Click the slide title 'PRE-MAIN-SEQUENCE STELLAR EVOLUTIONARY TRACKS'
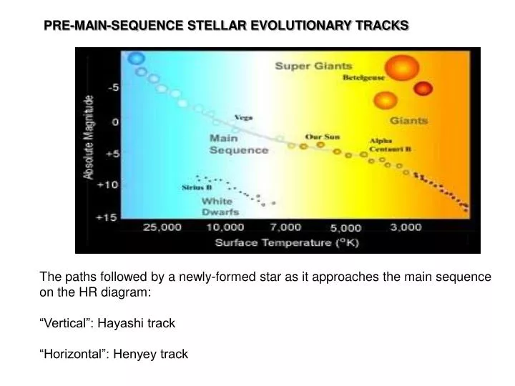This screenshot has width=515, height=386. pos(226,26)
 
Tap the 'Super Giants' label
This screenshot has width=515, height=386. pos(313,66)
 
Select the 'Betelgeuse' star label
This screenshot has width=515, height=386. pos(364,77)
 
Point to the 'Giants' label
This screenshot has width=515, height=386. pos(408,120)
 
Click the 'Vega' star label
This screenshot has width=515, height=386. pos(244,117)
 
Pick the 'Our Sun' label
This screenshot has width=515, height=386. pos(323,136)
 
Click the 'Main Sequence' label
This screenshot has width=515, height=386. pos(238,144)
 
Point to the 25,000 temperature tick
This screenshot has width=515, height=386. pos(162,227)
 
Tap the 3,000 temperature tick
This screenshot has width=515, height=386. pos(406,227)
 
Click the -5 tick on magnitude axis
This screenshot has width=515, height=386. pos(113,88)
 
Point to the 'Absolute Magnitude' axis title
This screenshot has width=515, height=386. pos(89,136)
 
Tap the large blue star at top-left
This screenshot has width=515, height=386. pos(135,58)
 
